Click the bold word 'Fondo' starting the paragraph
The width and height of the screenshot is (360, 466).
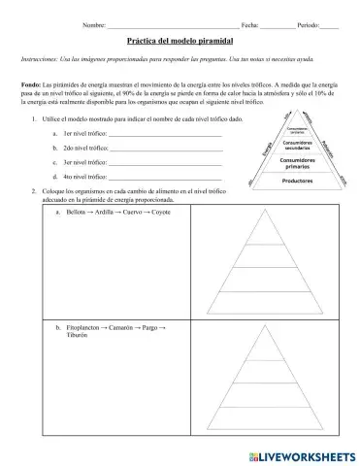[30, 85]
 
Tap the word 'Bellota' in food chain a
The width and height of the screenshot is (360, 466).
[78, 211]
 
